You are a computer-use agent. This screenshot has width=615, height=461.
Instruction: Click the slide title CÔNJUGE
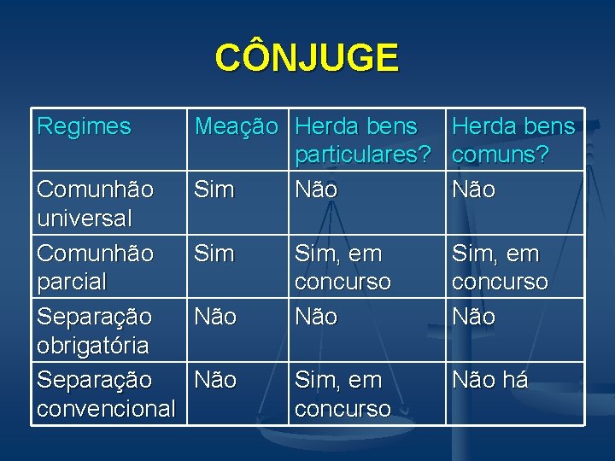click(x=307, y=58)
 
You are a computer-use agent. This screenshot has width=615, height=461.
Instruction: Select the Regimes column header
click(x=84, y=127)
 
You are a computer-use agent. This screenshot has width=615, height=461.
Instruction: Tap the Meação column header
click(x=237, y=127)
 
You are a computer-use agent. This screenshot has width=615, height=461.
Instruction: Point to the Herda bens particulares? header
click(x=360, y=141)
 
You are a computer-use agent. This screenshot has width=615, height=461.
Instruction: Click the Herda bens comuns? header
click(x=512, y=141)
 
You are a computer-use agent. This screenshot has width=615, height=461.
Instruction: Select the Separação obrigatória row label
click(x=94, y=330)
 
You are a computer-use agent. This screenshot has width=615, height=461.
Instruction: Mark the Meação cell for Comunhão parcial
click(x=214, y=254)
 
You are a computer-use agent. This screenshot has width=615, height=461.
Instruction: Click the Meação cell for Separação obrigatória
click(x=215, y=317)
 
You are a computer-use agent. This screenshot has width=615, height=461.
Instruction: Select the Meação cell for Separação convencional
click(x=215, y=380)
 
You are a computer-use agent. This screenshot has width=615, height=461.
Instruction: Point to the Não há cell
click(x=489, y=380)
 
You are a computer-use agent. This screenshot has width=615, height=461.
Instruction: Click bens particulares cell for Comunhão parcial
click(x=343, y=267)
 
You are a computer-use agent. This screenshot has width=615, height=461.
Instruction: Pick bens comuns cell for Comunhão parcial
click(x=500, y=267)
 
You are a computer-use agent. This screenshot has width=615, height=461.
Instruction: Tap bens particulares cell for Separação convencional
click(x=343, y=394)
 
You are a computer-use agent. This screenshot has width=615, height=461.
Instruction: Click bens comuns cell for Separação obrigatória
click(x=473, y=317)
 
